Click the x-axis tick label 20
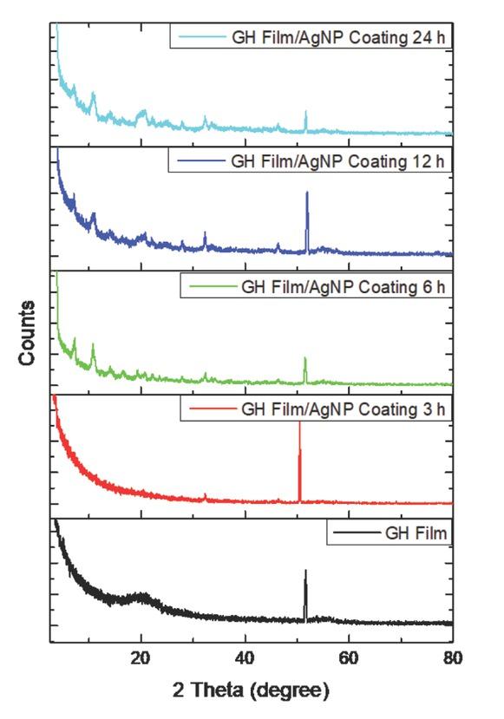point(141,657)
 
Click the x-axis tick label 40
point(245,657)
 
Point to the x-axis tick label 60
point(350,657)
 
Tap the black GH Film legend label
point(416,533)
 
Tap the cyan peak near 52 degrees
point(305,114)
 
